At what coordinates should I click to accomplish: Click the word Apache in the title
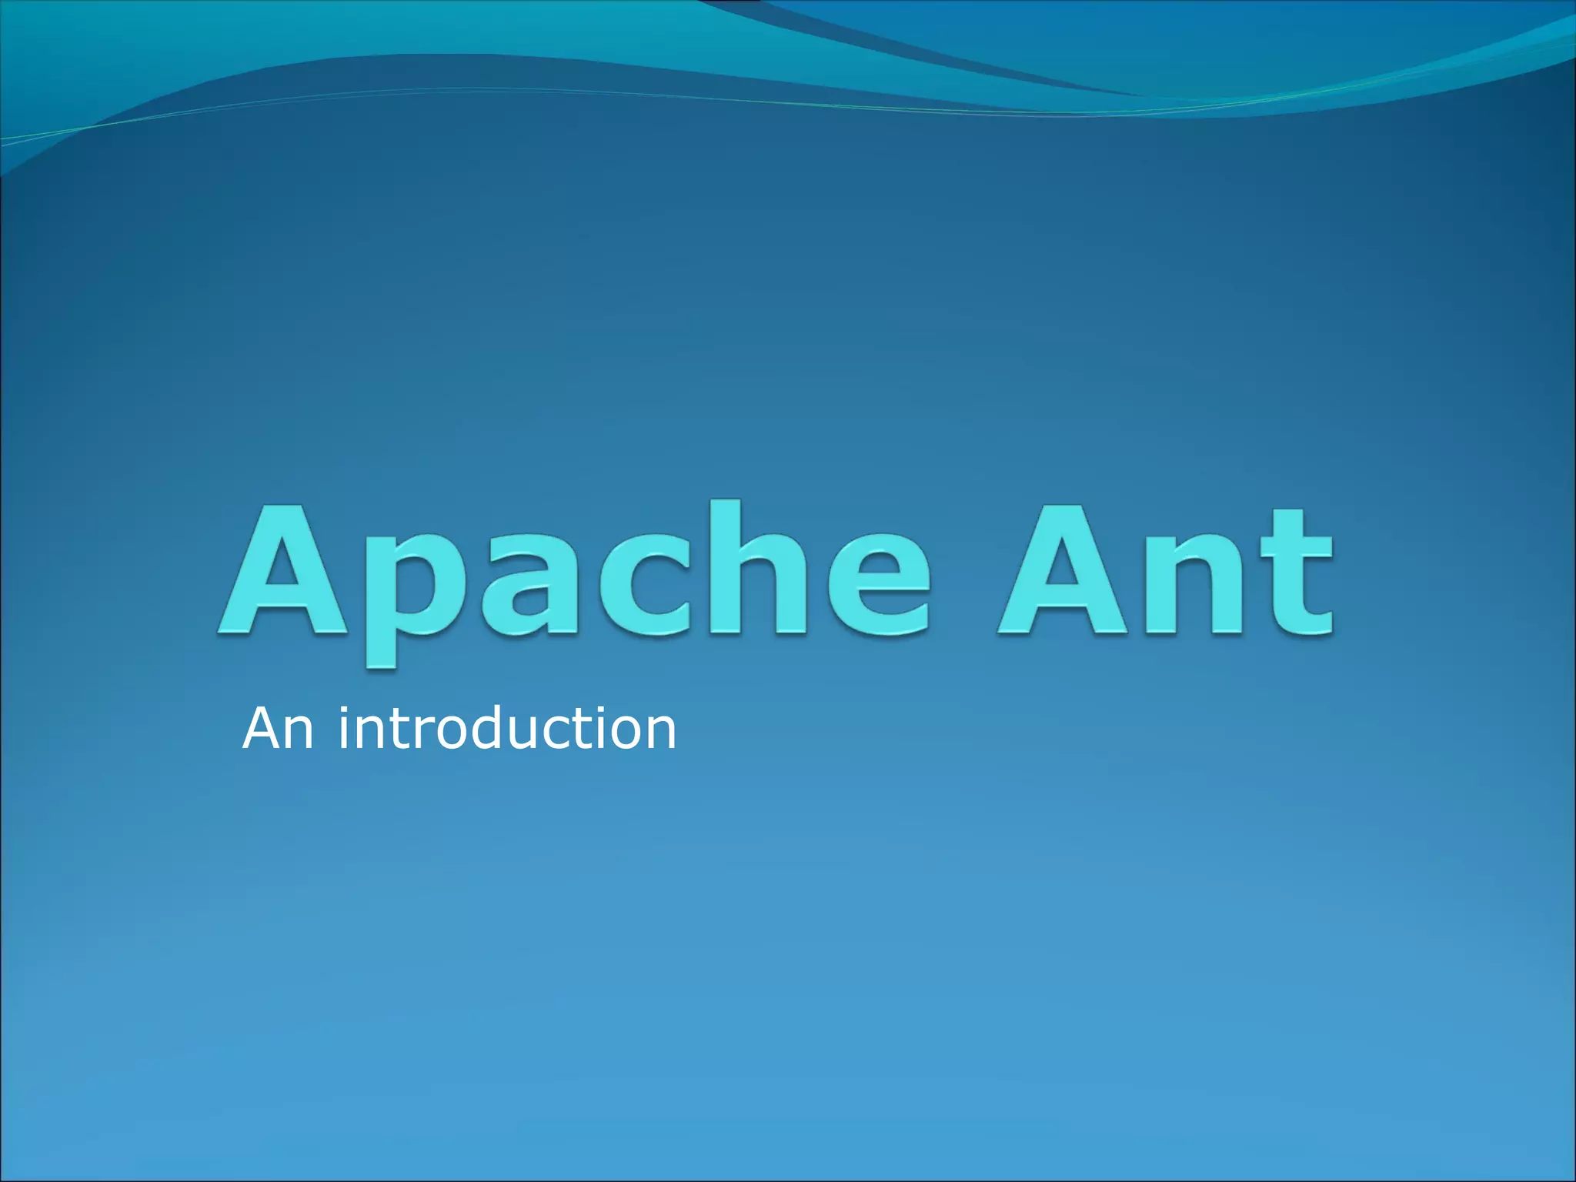tap(573, 573)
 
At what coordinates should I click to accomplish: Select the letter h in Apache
tap(757, 569)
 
